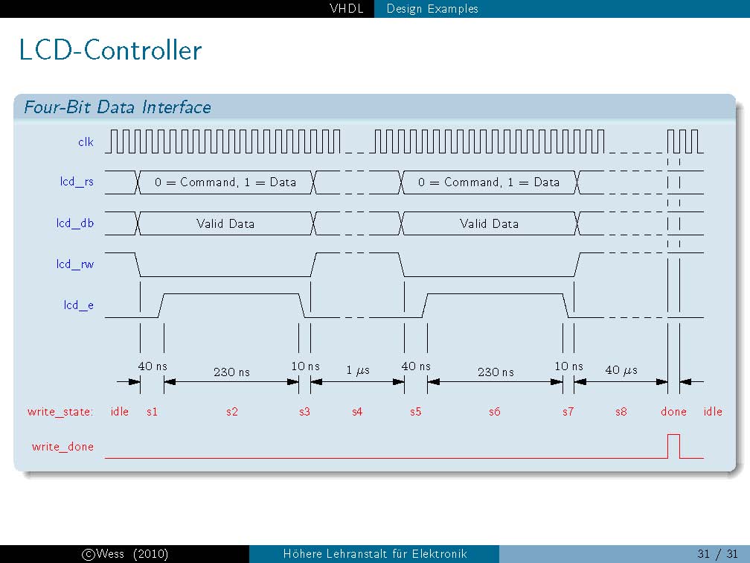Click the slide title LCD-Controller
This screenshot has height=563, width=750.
[110, 50]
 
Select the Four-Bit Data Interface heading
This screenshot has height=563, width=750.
[118, 106]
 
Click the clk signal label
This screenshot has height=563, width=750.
[86, 141]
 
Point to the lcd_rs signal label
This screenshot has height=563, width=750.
[77, 182]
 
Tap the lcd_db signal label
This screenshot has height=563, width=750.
[75, 223]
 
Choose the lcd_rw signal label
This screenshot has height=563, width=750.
[75, 264]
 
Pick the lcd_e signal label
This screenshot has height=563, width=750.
[78, 305]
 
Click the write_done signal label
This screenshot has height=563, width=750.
[62, 447]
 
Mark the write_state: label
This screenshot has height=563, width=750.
[60, 412]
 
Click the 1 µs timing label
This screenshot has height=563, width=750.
[358, 370]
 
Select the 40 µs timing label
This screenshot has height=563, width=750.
[621, 370]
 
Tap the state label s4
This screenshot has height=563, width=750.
[357, 412]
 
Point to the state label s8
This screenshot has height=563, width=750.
[621, 412]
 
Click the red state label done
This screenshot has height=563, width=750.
[673, 412]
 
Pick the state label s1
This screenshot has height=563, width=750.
[152, 412]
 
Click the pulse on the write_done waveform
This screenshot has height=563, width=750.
[673, 435]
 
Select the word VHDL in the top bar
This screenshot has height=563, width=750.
[346, 9]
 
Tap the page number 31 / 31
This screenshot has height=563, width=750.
[717, 554]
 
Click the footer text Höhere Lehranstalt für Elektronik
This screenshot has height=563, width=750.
[375, 554]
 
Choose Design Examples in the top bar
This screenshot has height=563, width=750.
[432, 9]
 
